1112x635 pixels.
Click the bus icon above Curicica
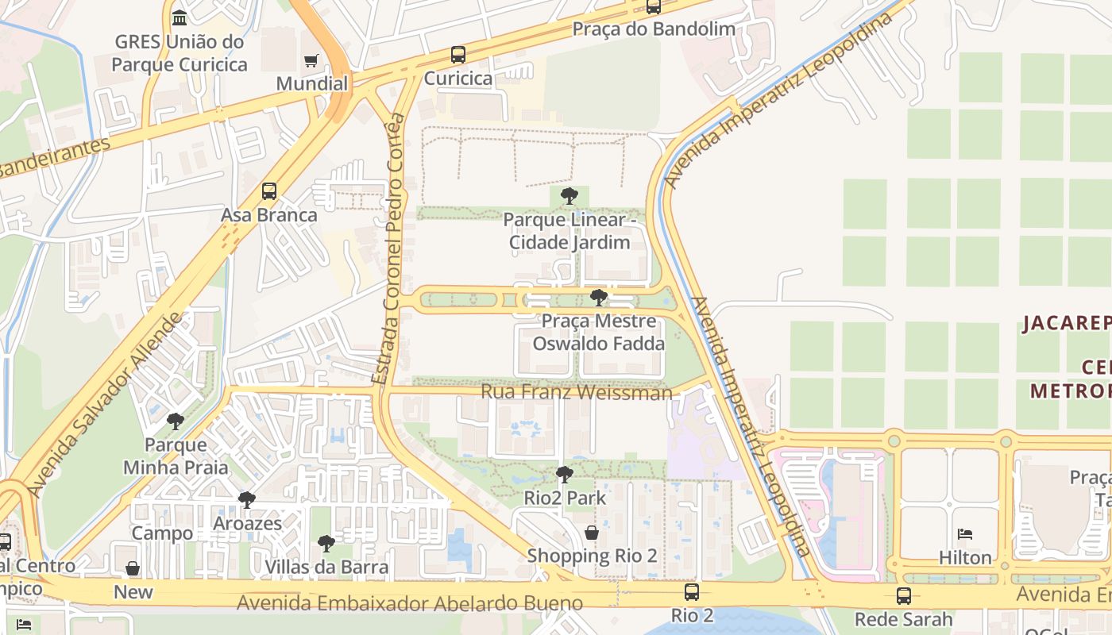pyautogui.click(x=458, y=55)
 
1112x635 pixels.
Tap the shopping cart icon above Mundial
pyautogui.click(x=311, y=61)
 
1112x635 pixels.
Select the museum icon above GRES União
pyautogui.click(x=180, y=17)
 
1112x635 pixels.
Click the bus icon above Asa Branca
pyautogui.click(x=269, y=191)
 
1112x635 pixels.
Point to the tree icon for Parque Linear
pyautogui.click(x=569, y=196)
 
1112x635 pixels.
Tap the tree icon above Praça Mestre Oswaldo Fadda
pyautogui.click(x=599, y=298)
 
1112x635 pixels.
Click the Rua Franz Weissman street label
pyautogui.click(x=576, y=392)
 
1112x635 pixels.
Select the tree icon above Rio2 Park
pyautogui.click(x=564, y=475)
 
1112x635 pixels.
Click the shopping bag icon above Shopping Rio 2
pyautogui.click(x=591, y=532)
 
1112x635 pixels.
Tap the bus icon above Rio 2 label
pyautogui.click(x=692, y=591)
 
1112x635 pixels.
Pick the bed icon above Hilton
pyautogui.click(x=965, y=533)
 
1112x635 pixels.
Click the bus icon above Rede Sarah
pyautogui.click(x=903, y=596)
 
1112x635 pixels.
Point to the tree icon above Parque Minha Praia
pyautogui.click(x=175, y=421)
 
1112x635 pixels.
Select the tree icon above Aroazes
pyautogui.click(x=247, y=500)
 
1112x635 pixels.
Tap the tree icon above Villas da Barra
pyautogui.click(x=326, y=544)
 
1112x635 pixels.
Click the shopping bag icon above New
pyautogui.click(x=133, y=568)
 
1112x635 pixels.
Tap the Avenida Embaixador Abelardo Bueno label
pyautogui.click(x=410, y=603)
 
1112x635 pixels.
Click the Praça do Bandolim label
pyautogui.click(x=654, y=29)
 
